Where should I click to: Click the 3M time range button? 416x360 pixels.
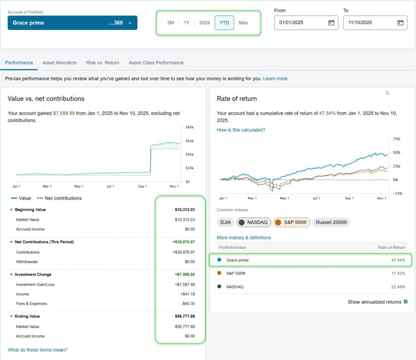170,23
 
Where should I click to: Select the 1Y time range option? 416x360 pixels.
186,23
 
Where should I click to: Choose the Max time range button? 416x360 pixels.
243,23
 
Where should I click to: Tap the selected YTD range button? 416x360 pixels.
224,23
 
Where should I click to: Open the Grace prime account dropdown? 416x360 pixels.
72,23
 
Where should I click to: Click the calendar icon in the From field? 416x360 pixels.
331,23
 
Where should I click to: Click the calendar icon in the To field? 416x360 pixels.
400,23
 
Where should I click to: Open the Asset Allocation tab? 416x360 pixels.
59,63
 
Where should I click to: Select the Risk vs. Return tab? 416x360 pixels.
103,63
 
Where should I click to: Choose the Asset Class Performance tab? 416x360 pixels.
156,63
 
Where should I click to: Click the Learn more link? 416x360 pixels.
275,78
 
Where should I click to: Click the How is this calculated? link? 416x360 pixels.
241,130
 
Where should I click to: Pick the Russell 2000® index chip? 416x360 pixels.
331,222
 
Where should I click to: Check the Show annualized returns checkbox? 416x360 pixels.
405,302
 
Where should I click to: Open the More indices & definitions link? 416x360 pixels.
244,238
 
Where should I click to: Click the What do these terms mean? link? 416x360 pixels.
37,350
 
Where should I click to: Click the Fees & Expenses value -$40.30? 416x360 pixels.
187,304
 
